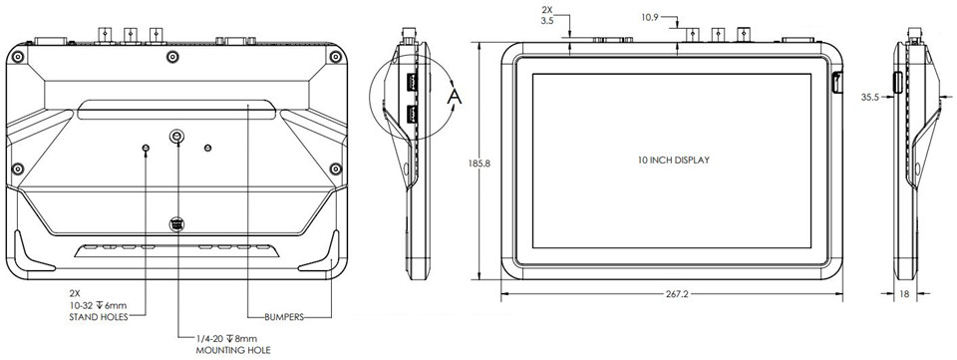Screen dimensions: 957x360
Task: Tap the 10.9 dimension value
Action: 649,18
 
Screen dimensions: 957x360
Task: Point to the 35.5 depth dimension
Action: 869,97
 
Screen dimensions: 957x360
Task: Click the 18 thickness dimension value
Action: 904,294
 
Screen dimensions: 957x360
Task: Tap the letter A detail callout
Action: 454,96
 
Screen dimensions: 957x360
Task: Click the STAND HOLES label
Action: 100,317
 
